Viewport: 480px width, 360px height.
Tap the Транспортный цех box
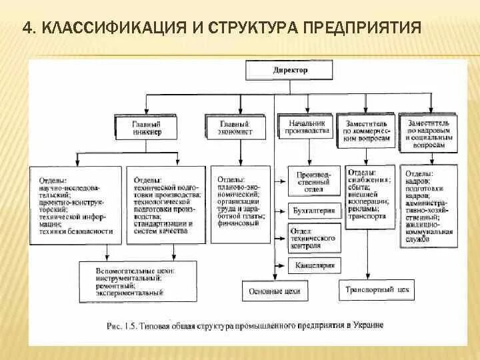[377, 291]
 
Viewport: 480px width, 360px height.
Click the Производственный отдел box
[313, 182]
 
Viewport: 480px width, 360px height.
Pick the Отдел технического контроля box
[313, 238]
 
